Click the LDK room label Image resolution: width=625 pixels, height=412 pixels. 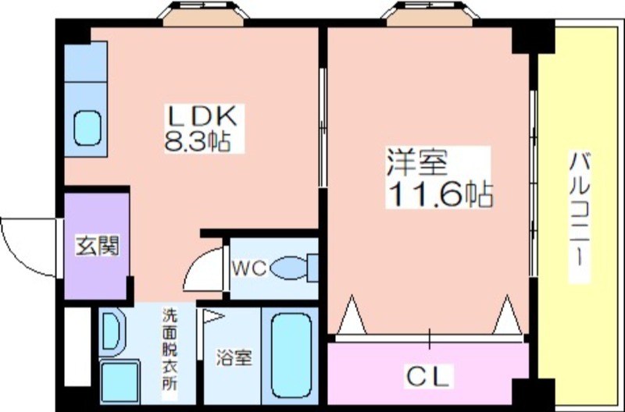tap(203, 115)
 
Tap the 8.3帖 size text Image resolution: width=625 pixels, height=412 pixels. tap(198, 140)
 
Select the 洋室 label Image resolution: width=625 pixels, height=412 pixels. tap(417, 162)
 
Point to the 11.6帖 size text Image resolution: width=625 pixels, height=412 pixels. tap(440, 194)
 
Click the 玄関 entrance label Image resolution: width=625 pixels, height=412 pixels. tap(98, 246)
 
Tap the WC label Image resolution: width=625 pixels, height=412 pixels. tap(249, 268)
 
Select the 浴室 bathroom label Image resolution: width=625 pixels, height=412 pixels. tap(234, 358)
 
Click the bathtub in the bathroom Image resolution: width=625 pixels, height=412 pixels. tap(291, 355)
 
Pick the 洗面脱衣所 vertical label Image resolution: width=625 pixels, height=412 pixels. tap(170, 350)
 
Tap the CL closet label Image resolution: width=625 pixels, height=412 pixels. tap(428, 376)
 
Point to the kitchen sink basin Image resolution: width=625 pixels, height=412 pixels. tap(87, 128)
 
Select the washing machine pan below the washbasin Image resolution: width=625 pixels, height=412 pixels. tap(120, 382)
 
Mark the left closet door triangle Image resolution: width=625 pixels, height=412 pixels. tap(352, 314)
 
